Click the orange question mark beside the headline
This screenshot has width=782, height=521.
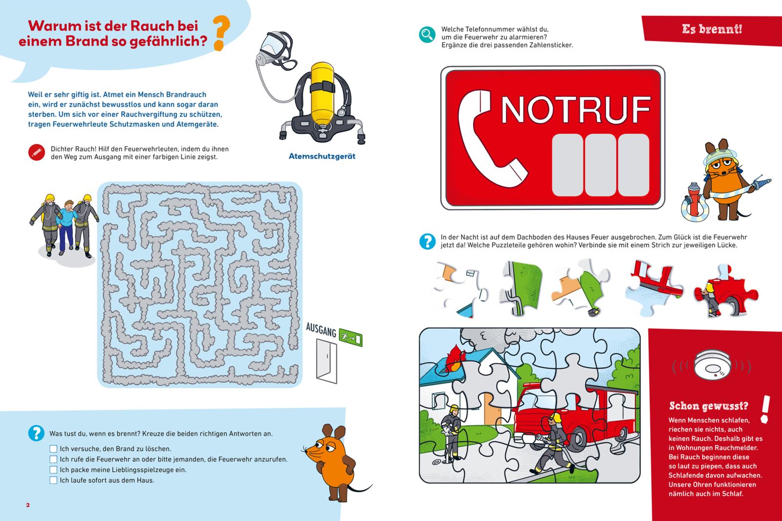click(221, 33)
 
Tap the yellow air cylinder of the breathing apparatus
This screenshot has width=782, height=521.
click(322, 93)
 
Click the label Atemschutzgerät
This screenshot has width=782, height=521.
click(322, 156)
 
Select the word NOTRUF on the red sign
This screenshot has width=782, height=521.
click(576, 109)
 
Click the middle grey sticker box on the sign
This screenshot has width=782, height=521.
click(600, 165)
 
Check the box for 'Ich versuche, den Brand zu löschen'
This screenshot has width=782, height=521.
click(53, 449)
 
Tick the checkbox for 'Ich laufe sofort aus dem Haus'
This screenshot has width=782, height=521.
click(53, 480)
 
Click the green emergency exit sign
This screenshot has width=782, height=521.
click(350, 337)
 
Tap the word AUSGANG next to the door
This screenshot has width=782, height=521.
click(321, 329)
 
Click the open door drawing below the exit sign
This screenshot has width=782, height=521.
click(327, 361)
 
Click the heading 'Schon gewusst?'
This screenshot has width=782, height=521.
click(709, 406)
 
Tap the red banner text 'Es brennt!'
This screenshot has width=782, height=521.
click(712, 29)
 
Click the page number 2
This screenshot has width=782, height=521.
click(28, 505)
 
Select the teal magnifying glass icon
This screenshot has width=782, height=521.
click(427, 35)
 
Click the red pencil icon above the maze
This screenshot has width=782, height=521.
click(37, 152)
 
